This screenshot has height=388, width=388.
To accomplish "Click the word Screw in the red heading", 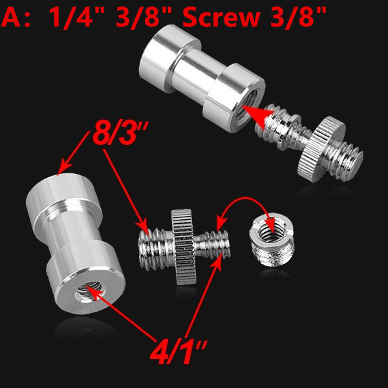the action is coord(221,17).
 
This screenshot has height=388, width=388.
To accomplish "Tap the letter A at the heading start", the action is coord(11,17).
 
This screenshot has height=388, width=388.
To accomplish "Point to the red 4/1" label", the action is coord(178,352).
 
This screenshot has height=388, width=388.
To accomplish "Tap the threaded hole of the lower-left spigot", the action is coord(89,292).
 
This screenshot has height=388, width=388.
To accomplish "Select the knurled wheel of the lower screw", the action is coord(183,246).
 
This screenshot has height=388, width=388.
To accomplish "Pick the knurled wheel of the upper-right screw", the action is coord(321,149).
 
